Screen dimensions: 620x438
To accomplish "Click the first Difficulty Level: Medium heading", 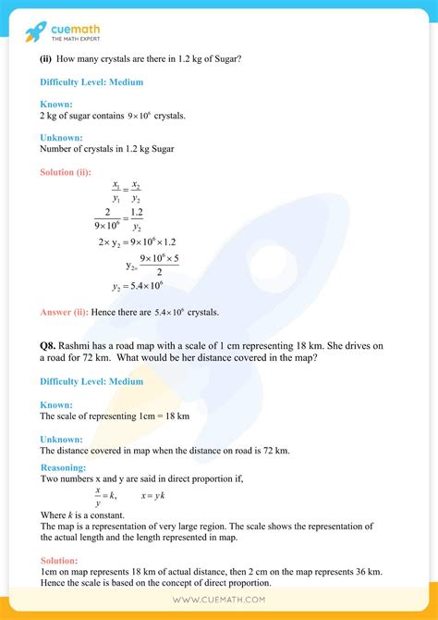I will [x=91, y=82].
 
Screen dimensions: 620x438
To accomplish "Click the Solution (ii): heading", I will [x=72, y=171].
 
